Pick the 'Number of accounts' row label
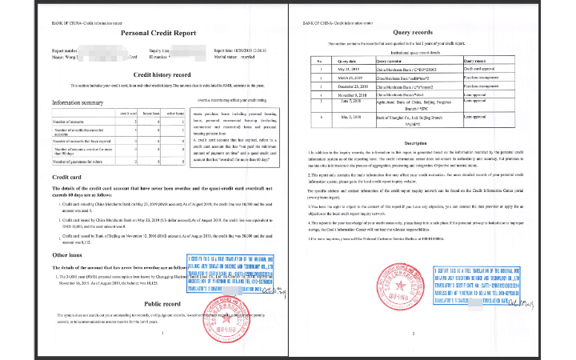71,122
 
